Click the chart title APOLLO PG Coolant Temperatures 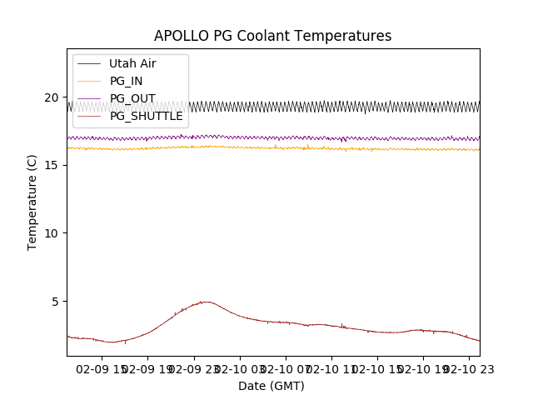point(272,36)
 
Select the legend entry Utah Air point(132,63)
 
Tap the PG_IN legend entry point(126,81)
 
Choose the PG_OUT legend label point(132,98)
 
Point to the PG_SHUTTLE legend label point(146,116)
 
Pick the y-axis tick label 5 point(56,302)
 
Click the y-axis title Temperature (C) point(32,202)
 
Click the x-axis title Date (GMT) point(271,386)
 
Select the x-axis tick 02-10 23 point(468,369)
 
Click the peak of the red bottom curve point(205,302)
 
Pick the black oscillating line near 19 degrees point(333,107)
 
